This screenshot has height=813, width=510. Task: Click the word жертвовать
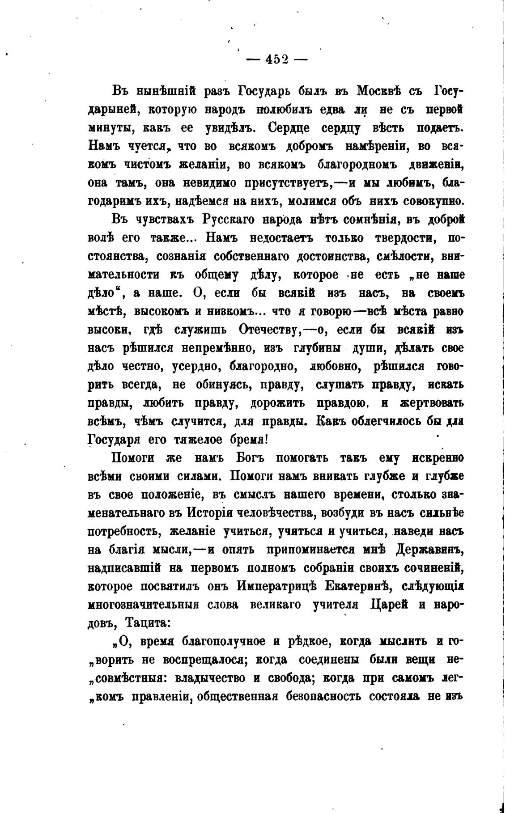(x=429, y=403)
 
